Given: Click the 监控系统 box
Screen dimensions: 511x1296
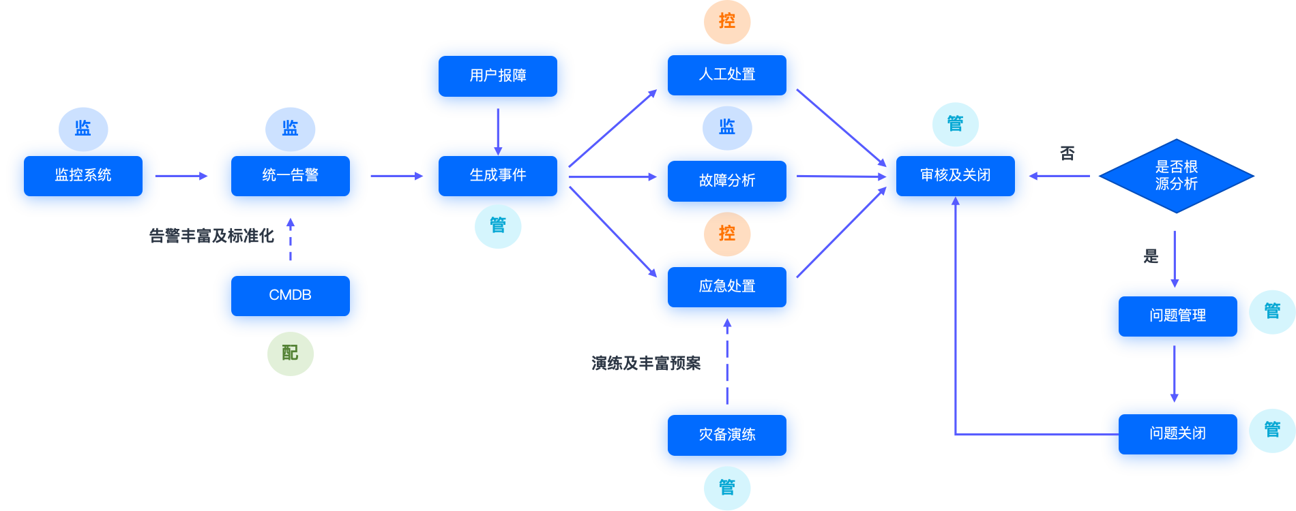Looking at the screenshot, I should (83, 176).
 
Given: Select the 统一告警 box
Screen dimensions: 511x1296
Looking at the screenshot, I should (291, 176).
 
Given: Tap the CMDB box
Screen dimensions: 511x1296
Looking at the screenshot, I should (291, 296).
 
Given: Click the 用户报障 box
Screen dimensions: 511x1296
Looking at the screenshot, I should (498, 76).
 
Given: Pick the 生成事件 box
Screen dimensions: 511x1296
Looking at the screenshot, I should (498, 176).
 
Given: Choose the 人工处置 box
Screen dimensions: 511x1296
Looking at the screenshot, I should (727, 75).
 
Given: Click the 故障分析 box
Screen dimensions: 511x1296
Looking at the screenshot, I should (727, 181).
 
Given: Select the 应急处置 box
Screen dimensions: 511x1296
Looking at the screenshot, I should (727, 287).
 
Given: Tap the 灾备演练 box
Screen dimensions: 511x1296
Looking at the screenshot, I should (727, 435).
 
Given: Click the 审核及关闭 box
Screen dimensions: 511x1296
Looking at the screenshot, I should (956, 176).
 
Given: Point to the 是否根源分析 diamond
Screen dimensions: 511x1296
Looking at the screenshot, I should (1177, 176).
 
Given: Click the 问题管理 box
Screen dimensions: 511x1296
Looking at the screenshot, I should (1178, 316).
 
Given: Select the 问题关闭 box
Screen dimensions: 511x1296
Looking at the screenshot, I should (1178, 434).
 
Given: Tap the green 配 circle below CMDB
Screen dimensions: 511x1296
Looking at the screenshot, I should (291, 354).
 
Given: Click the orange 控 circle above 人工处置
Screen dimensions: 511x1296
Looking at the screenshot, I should (727, 22).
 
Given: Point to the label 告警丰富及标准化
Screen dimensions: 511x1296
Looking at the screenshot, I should (211, 236).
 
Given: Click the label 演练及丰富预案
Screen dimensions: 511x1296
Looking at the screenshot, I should (646, 364).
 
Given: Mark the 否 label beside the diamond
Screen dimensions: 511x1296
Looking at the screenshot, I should (1067, 154).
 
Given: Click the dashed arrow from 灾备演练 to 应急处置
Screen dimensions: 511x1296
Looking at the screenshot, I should (727, 361).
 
